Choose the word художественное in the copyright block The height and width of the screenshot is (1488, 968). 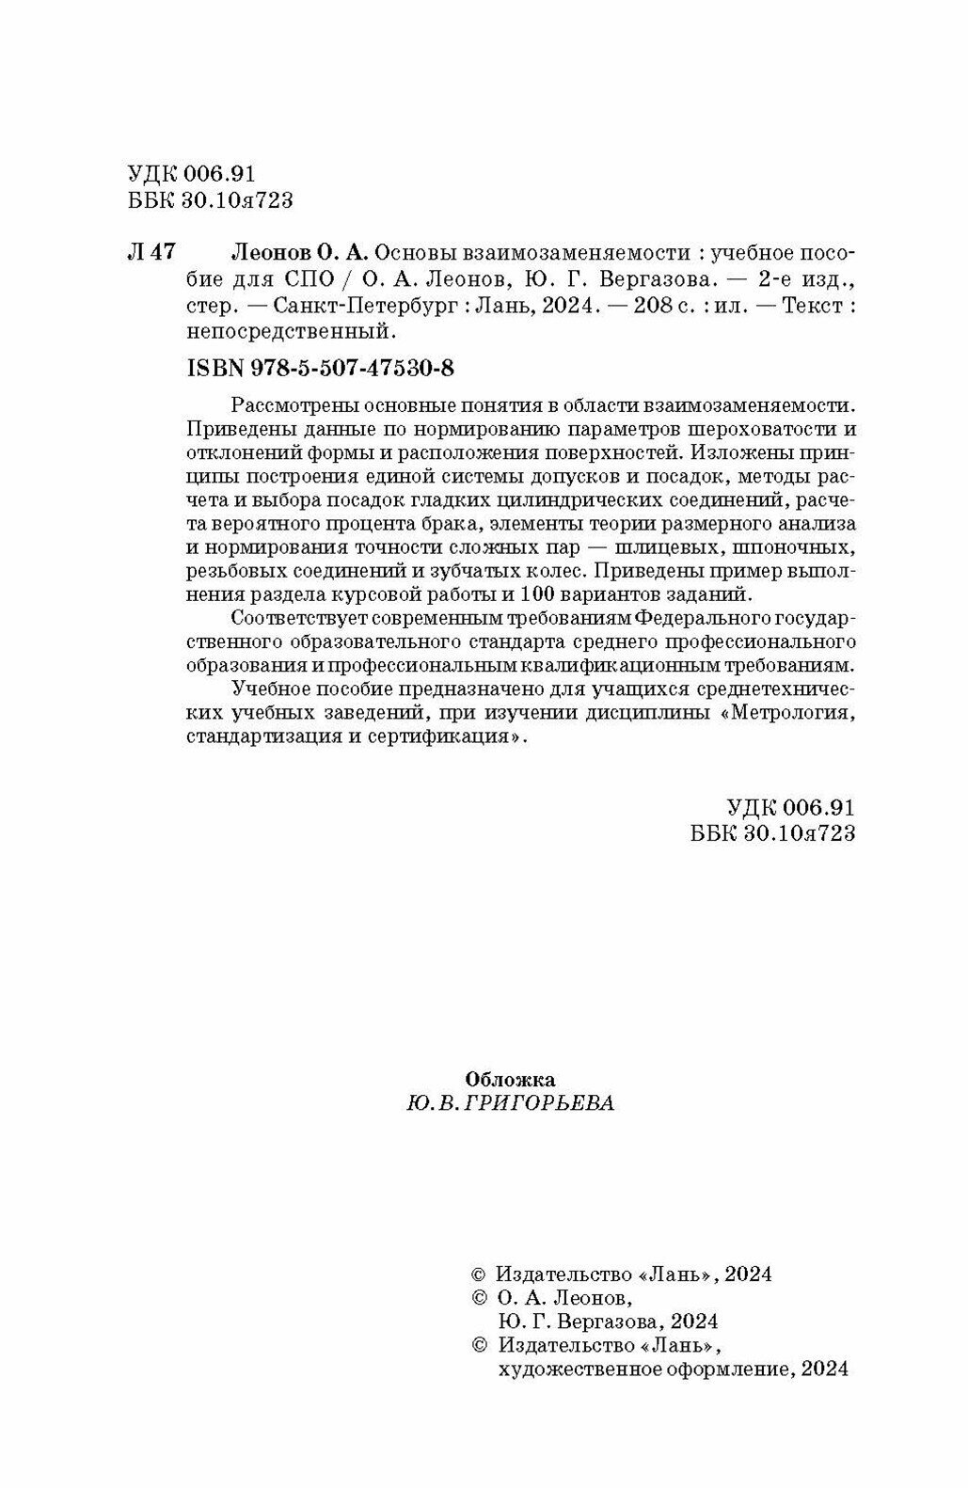571,1369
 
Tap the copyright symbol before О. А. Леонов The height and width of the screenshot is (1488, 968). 477,1298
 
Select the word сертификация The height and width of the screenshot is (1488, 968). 440,736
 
